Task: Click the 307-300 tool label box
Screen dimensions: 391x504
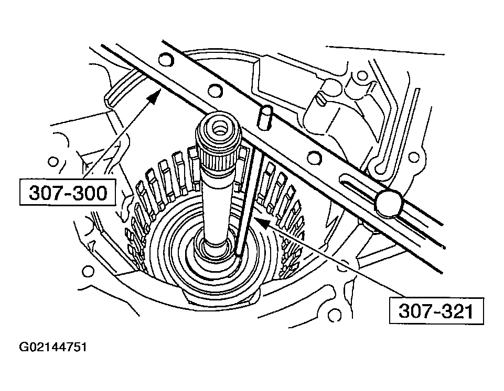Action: pos(68,194)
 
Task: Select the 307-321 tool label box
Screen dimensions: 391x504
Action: pos(436,311)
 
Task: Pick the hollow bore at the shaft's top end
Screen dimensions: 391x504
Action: pos(218,126)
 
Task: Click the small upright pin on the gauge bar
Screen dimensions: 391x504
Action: pos(266,116)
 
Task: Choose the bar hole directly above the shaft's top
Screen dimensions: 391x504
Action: pos(213,91)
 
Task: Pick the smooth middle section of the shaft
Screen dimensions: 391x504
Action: pos(217,204)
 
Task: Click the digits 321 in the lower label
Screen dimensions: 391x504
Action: pos(453,311)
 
